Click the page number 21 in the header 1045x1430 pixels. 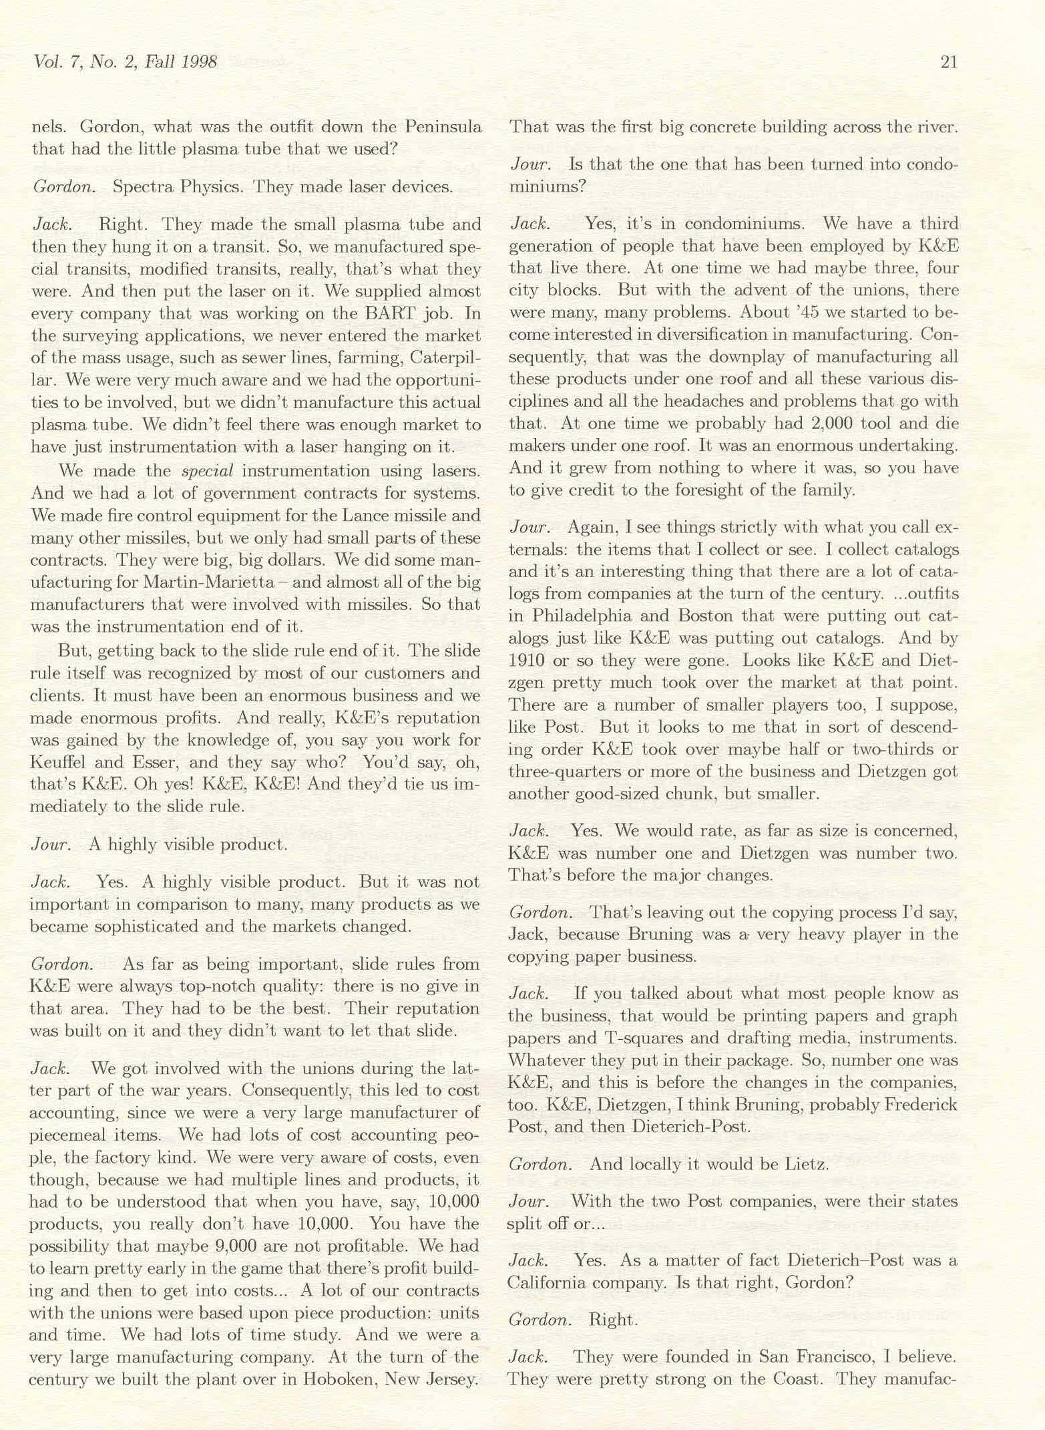[x=948, y=62]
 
